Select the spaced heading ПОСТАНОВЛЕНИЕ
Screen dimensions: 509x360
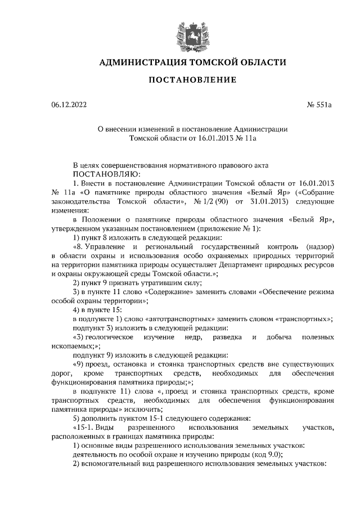[192, 80]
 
